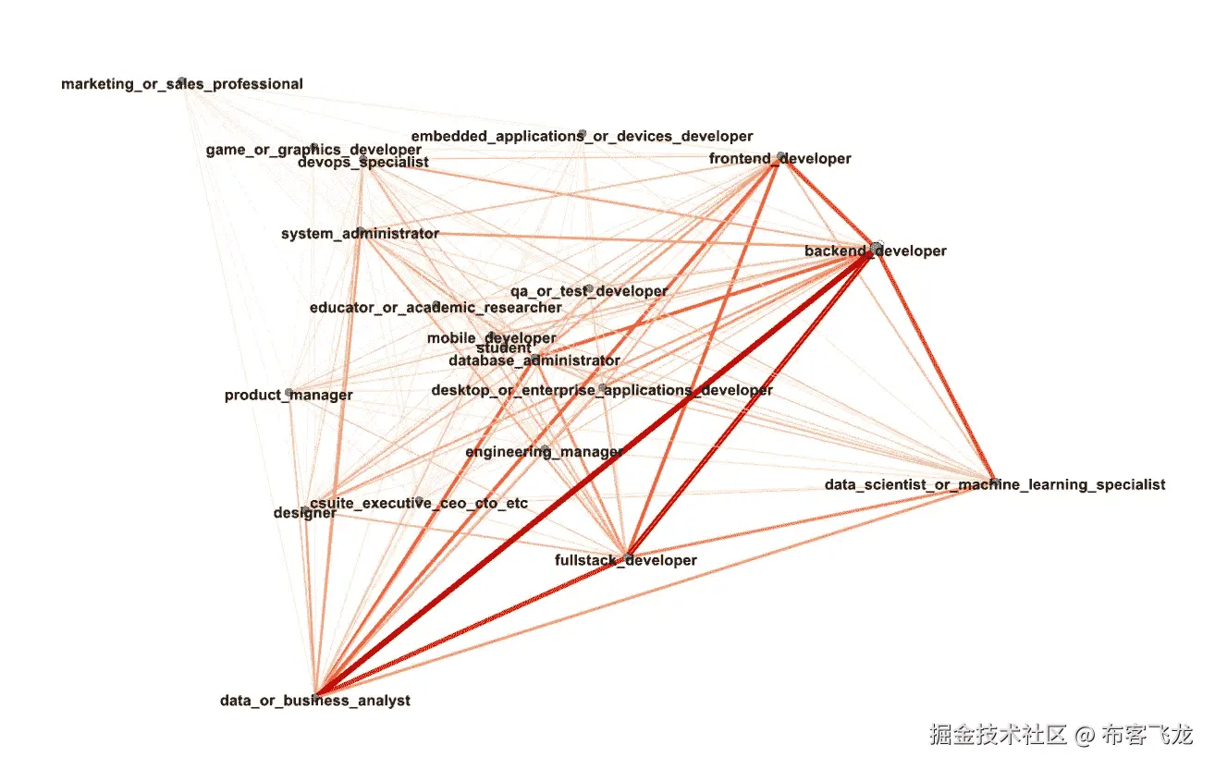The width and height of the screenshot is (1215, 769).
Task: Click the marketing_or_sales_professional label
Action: point(182,84)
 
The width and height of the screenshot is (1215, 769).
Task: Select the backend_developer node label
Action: point(876,251)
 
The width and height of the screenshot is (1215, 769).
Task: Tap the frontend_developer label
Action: point(779,159)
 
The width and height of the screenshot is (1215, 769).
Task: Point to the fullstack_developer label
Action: point(626,560)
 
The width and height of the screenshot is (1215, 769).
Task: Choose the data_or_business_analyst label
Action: point(315,701)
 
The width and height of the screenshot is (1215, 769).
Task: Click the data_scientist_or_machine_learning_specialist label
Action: point(995,484)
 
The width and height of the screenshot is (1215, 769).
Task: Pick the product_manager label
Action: point(288,396)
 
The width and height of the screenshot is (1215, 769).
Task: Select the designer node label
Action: point(305,513)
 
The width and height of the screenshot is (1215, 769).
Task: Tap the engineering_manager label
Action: point(545,452)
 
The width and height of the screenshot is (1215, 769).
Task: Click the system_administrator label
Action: point(360,234)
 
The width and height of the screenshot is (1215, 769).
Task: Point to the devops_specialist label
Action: point(363,163)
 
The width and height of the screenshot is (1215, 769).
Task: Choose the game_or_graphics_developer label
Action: point(313,149)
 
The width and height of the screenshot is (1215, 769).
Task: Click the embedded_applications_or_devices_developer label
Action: point(582,137)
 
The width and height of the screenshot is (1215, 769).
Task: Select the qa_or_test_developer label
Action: point(589,291)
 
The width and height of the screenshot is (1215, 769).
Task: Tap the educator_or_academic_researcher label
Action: point(436,308)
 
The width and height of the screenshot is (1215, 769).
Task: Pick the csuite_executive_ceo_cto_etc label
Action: point(420,503)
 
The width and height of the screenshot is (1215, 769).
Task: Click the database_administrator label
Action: point(534,360)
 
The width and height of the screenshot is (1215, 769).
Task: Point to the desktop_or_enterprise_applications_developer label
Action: point(602,390)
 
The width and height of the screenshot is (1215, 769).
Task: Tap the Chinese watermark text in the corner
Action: point(1061,736)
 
